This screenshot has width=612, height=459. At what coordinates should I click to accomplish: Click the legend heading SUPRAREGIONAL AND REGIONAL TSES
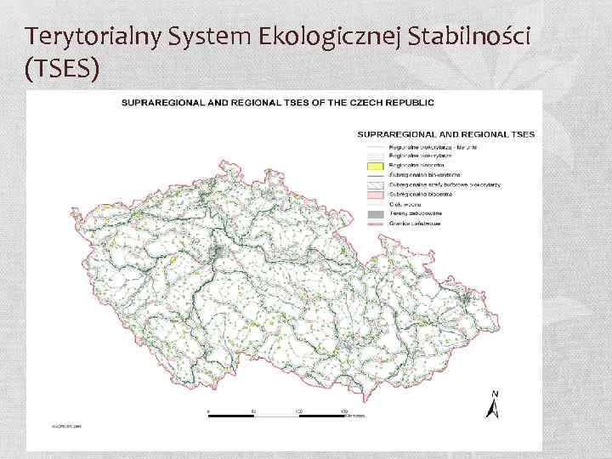445,133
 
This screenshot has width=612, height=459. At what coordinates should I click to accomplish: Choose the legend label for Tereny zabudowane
417,213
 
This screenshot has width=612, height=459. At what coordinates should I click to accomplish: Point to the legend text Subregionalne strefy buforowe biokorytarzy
445,184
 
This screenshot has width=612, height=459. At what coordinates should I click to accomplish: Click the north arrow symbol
492,411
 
